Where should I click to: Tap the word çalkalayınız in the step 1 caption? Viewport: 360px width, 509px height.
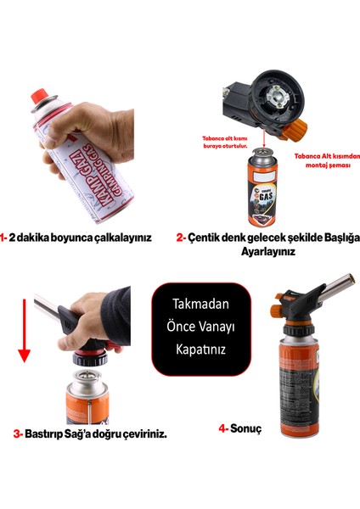point(122,238)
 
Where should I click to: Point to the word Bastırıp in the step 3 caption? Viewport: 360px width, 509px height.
point(50,433)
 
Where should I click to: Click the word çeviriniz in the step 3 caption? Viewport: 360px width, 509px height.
point(140,433)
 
